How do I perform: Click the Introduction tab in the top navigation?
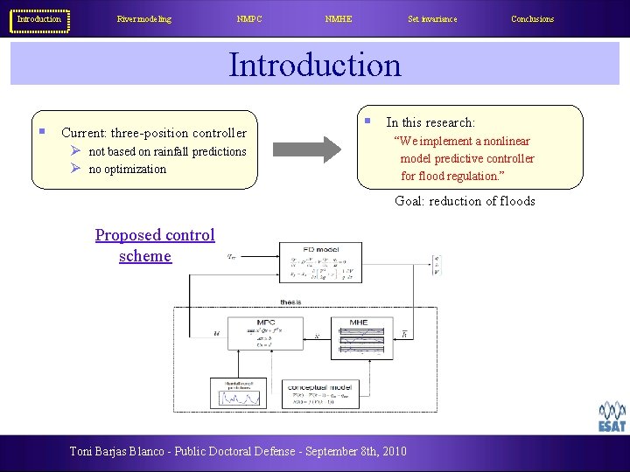coord(39,19)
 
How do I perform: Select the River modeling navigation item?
coord(144,19)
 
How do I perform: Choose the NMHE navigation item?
coord(338,19)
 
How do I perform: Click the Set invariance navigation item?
coord(432,19)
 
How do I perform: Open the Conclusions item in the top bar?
coord(532,19)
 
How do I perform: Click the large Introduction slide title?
coord(315,65)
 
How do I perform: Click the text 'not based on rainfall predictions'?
coord(167,151)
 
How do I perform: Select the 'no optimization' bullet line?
coord(127,170)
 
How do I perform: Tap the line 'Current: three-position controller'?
coord(154,133)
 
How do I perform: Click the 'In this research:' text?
coord(430,122)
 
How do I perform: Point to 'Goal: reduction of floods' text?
coord(465,201)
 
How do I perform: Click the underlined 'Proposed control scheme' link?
coord(154,245)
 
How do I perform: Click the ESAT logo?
coord(612,417)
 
